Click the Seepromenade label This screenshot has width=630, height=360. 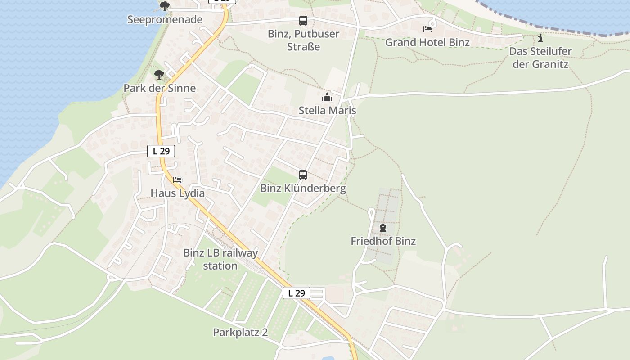[165, 20]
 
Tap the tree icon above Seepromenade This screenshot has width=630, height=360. [165, 6]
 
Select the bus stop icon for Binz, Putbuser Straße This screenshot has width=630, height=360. [303, 21]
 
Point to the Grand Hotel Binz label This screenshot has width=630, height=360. [427, 43]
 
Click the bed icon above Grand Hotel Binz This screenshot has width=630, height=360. [427, 29]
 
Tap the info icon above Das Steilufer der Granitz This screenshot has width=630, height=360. [540, 38]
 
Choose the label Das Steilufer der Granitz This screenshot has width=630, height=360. [540, 58]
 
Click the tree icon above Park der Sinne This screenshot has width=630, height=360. [159, 75]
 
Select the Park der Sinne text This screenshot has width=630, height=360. [160, 88]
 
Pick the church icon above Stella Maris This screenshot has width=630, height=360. [327, 97]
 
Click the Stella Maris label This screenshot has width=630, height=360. [327, 111]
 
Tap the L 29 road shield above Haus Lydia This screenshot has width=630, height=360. [161, 151]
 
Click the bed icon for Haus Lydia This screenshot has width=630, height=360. [178, 180]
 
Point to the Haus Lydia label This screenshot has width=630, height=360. [178, 193]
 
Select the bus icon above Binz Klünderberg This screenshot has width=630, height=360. [303, 175]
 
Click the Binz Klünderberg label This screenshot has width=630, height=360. [303, 188]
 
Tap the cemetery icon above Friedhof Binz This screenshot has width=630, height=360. [383, 228]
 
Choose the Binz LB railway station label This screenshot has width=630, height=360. [220, 259]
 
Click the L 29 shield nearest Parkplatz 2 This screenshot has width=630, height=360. [297, 293]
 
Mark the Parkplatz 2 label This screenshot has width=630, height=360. [240, 333]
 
